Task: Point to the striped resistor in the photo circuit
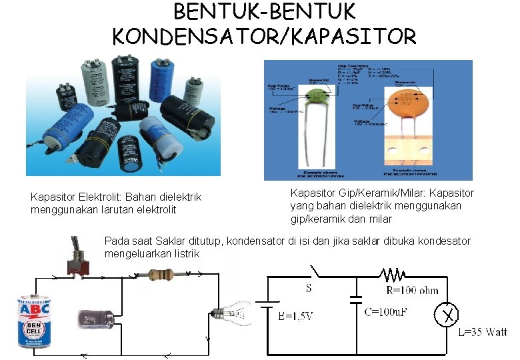click(162, 273)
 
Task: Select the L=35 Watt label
click(482, 332)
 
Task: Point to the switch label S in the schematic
click(308, 289)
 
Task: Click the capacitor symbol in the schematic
click(355, 299)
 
